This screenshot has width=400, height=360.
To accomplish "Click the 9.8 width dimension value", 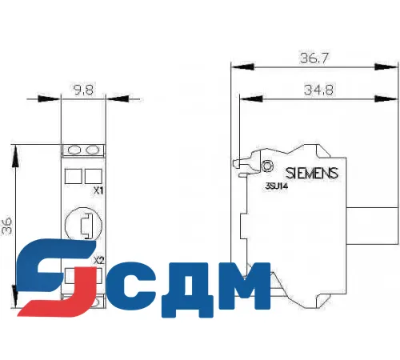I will [x=84, y=90].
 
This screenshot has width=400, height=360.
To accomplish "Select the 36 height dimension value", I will [x=8, y=226].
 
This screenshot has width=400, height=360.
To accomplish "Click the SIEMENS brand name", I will [x=312, y=173].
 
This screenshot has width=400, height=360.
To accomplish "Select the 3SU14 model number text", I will [x=277, y=186].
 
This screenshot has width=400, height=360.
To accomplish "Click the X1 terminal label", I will [x=98, y=190].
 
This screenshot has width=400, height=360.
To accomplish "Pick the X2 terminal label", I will [x=98, y=260].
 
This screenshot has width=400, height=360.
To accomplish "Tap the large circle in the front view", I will [x=84, y=225].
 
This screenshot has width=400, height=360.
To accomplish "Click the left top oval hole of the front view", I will [x=74, y=150].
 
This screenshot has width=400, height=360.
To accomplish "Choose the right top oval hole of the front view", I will [x=94, y=150].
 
